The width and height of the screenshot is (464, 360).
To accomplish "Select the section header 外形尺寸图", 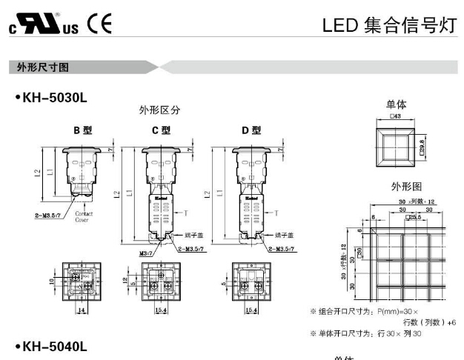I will [x=44, y=67].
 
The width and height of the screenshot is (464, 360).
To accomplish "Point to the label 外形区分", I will [x=160, y=110].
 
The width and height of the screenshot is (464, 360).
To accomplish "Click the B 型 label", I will [x=82, y=130].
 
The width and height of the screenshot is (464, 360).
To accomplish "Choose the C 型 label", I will [x=161, y=130].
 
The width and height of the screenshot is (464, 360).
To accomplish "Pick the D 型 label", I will [x=251, y=130].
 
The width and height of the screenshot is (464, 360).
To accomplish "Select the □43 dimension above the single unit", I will [x=396, y=116].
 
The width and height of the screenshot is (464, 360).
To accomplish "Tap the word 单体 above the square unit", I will [x=396, y=104].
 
